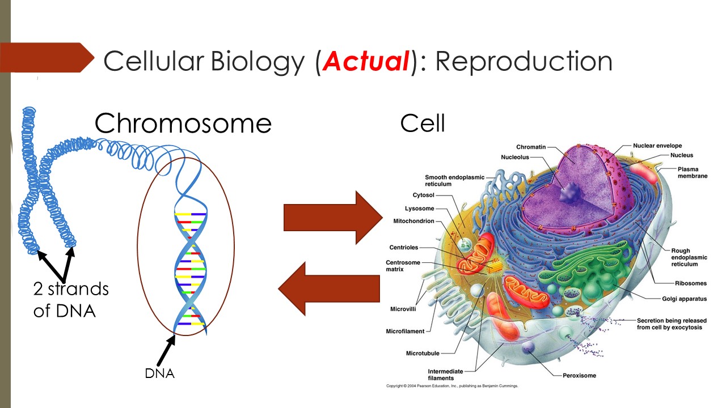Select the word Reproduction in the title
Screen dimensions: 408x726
(524, 62)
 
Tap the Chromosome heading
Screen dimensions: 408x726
(183, 123)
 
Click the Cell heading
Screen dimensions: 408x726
(423, 123)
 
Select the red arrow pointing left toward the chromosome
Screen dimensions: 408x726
(329, 288)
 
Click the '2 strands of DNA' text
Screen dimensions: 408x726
(70, 299)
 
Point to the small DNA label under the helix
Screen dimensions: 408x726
(159, 373)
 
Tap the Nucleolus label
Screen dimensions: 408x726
(514, 157)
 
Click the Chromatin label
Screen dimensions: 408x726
(530, 147)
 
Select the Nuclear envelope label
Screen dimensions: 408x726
(657, 146)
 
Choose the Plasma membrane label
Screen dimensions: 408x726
(692, 172)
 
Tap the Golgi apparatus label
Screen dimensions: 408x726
(684, 299)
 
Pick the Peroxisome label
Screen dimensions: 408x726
(579, 375)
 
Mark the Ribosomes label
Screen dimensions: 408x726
(690, 283)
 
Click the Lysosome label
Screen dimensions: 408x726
(419, 209)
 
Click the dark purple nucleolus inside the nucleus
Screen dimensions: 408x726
(568, 193)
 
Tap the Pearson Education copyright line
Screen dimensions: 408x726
(452, 386)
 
